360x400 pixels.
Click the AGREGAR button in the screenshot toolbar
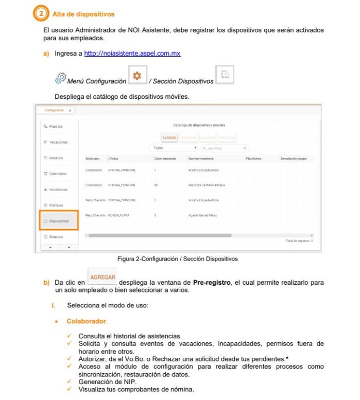click(169, 137)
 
